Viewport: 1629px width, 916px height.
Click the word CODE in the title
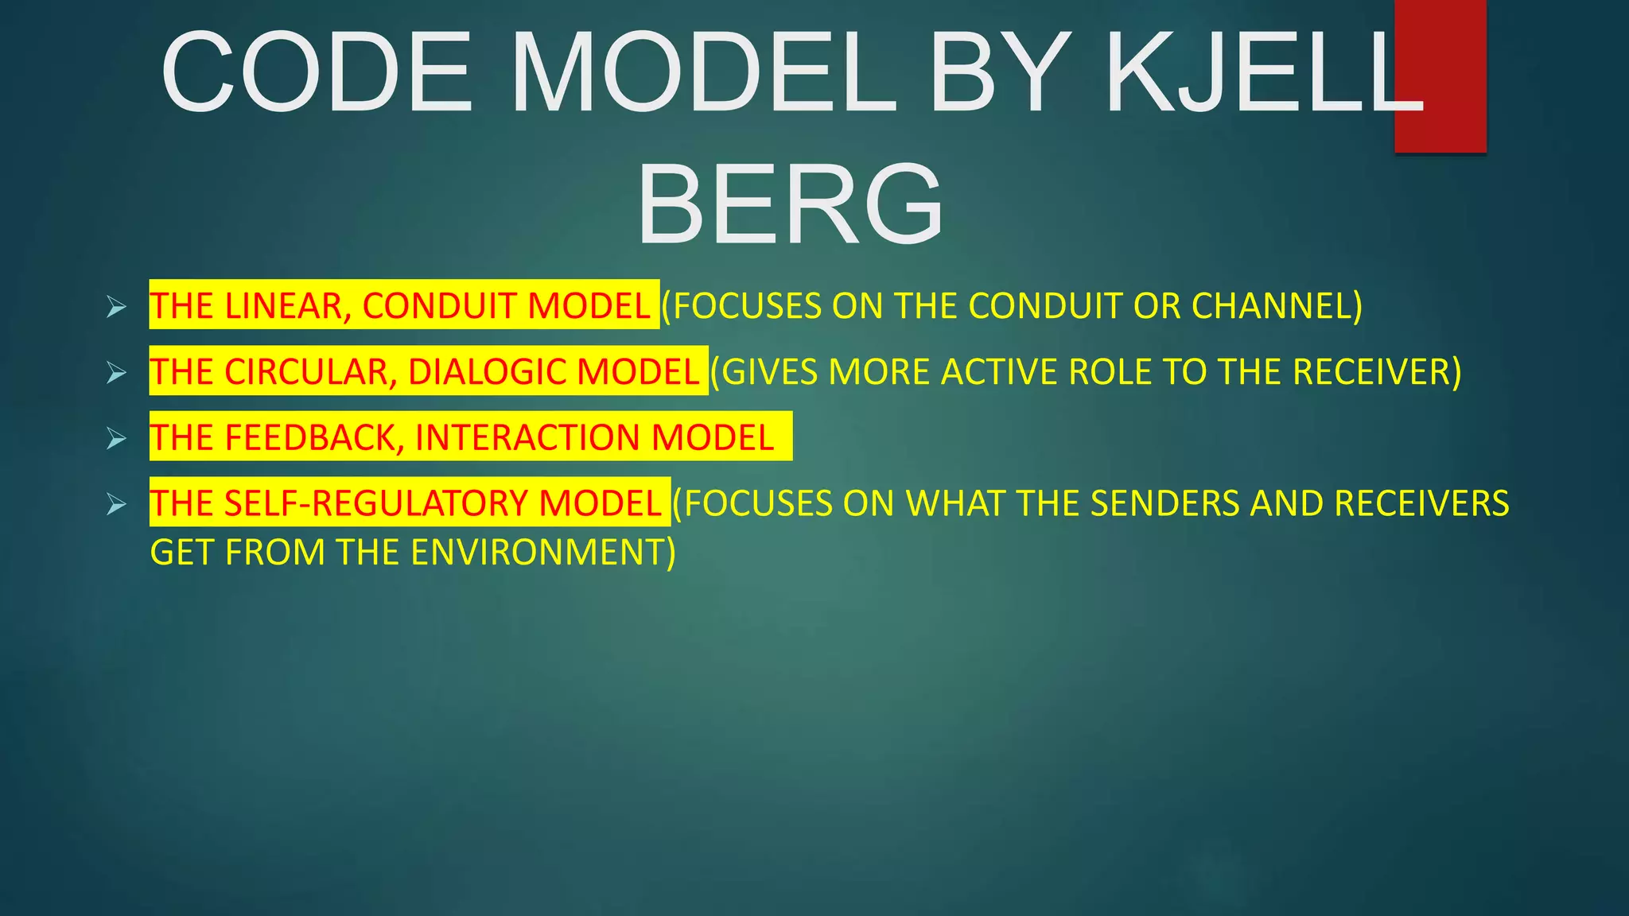[x=318, y=73]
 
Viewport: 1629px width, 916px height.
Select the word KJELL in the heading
[x=1265, y=73]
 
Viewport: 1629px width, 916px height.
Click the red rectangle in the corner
[x=1440, y=76]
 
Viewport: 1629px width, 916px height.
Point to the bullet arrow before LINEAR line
[x=116, y=307]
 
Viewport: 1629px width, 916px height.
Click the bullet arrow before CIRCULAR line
[x=116, y=373]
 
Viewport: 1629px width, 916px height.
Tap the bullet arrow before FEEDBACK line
[x=116, y=438]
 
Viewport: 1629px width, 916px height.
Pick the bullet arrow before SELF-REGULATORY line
[x=116, y=504]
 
